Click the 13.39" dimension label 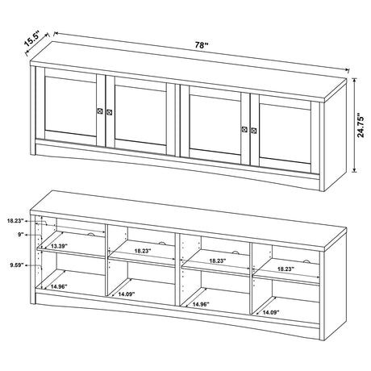[x=60, y=245]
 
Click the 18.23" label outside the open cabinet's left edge [x=15, y=219]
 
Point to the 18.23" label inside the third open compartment [x=215, y=261]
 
